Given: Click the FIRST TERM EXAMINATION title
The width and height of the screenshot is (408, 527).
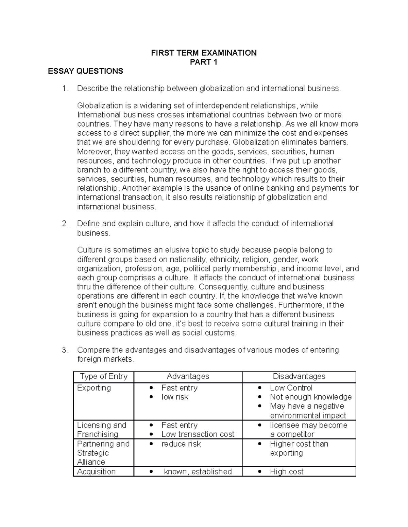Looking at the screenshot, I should [x=204, y=53].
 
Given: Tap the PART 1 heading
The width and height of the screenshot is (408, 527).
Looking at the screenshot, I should [x=204, y=62].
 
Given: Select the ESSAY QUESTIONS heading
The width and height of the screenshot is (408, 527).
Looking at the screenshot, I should [x=85, y=71].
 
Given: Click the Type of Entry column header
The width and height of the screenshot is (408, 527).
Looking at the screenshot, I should [x=103, y=376].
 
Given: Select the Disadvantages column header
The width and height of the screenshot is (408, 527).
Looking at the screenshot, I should [x=299, y=376].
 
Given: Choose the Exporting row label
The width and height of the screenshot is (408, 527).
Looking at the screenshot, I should [x=94, y=388].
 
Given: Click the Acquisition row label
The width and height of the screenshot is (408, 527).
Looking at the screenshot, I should [x=96, y=471].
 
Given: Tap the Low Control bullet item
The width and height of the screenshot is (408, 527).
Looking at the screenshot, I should [x=291, y=388].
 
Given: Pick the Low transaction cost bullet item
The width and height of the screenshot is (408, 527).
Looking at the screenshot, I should [x=198, y=434].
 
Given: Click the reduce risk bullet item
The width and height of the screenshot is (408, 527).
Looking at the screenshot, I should [x=181, y=444].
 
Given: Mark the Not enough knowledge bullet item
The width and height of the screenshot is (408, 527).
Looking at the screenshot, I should [x=311, y=397].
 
